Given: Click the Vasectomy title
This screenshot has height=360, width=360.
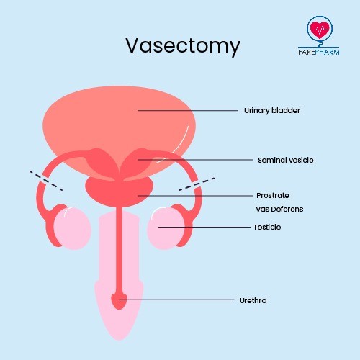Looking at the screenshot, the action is click(183, 45).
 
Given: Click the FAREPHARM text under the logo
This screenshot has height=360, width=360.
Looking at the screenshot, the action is click(319, 52).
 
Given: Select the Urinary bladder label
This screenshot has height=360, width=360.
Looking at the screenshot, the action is click(272, 111).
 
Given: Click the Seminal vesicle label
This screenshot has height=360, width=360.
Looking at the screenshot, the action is click(286, 160).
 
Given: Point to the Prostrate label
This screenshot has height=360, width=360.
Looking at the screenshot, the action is click(273, 195).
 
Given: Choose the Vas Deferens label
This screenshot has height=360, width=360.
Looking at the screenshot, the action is click(279, 209).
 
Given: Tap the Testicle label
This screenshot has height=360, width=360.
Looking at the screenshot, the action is click(267, 227).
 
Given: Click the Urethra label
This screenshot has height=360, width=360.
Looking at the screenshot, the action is click(253, 300).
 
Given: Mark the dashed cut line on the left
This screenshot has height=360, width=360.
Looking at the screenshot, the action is click(46, 181).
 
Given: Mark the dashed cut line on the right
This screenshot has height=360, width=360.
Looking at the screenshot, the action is click(197, 184).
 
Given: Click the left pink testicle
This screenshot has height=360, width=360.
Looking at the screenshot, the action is click(72, 228).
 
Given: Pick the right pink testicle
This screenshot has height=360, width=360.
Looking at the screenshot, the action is click(166, 228).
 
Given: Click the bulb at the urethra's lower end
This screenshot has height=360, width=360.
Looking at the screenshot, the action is click(119, 301).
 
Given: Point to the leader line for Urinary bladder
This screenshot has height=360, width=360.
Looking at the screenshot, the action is click(188, 111).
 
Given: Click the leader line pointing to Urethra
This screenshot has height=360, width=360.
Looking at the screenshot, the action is click(176, 300).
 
